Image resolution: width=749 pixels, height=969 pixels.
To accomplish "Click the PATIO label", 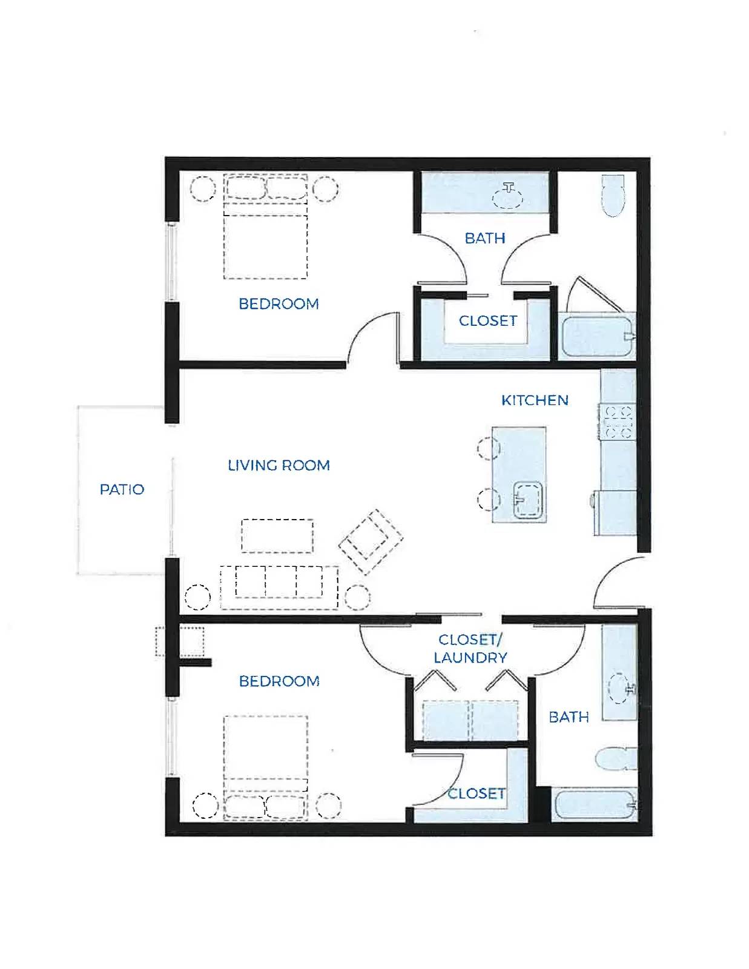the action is (x=122, y=489).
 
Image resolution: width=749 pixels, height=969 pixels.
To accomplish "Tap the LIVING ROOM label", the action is (x=279, y=466).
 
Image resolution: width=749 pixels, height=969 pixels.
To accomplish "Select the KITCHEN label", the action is (x=535, y=400).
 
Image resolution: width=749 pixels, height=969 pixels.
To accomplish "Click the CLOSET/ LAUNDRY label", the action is (x=470, y=649).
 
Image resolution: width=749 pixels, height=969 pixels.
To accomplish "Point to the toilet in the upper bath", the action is (x=613, y=196).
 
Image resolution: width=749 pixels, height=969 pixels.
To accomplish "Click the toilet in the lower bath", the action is (x=616, y=758).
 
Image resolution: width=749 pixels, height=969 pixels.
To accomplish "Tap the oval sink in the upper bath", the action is (x=508, y=197).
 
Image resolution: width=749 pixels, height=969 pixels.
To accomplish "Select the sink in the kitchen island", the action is (x=527, y=500).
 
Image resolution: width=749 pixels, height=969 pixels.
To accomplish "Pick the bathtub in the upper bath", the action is (x=597, y=337).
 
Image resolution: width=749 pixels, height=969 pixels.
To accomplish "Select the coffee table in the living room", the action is (x=277, y=536).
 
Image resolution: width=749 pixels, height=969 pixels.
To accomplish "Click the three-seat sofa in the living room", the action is (x=279, y=587).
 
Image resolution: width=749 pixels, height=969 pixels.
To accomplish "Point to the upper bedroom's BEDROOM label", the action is (x=279, y=304).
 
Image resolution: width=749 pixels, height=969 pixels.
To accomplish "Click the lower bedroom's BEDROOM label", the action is (x=279, y=681).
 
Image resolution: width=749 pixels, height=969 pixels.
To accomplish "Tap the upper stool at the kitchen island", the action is (x=488, y=448).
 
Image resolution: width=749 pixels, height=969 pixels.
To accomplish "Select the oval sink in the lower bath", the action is (x=620, y=689).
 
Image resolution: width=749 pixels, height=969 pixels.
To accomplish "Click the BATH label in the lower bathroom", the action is (x=569, y=717).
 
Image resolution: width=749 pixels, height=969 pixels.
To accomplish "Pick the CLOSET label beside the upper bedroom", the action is (x=488, y=320).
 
